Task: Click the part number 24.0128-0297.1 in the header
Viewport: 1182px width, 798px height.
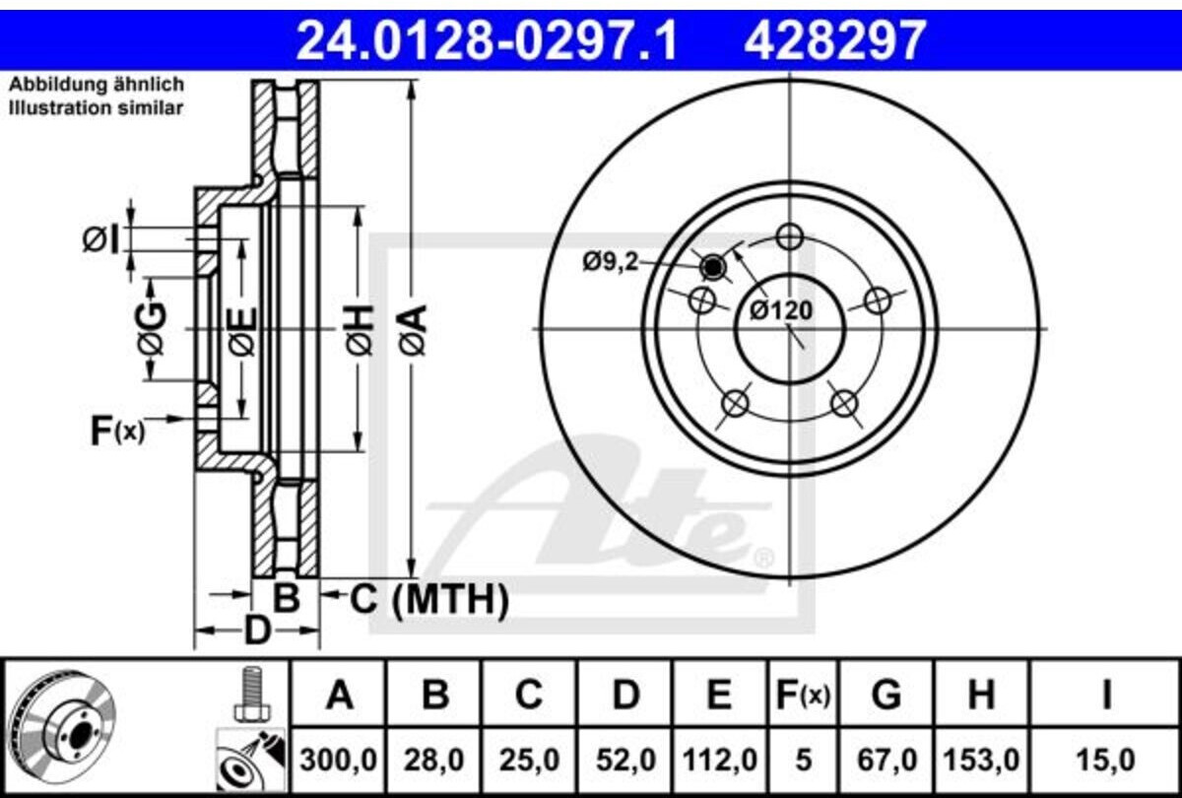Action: pyautogui.click(x=487, y=39)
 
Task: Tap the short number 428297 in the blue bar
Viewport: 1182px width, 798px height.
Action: pyautogui.click(x=835, y=39)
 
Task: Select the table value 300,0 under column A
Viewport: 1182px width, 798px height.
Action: pyautogui.click(x=338, y=761)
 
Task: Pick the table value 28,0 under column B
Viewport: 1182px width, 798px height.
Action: pyautogui.click(x=433, y=761)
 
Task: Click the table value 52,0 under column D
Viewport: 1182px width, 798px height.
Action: pyautogui.click(x=625, y=761)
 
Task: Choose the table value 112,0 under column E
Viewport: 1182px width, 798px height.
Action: pyautogui.click(x=720, y=761)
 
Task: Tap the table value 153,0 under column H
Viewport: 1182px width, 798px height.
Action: pyautogui.click(x=981, y=761)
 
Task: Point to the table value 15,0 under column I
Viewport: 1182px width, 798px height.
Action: pyautogui.click(x=1105, y=761)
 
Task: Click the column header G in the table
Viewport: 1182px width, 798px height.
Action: pyautogui.click(x=886, y=695)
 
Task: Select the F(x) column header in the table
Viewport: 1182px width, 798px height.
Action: pyautogui.click(x=803, y=696)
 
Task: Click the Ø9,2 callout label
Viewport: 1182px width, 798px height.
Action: pyautogui.click(x=610, y=261)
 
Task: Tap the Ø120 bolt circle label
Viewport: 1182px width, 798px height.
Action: pyautogui.click(x=781, y=310)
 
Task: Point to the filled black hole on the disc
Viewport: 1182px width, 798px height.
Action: pyautogui.click(x=712, y=268)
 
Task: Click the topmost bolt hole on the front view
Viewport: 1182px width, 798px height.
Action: pyautogui.click(x=790, y=236)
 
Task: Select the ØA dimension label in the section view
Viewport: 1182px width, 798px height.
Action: pyautogui.click(x=413, y=330)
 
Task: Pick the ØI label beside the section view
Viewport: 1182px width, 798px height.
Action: pyautogui.click(x=100, y=239)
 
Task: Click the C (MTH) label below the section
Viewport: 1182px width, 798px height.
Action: pyautogui.click(x=429, y=599)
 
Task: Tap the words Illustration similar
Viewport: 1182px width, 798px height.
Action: pyautogui.click(x=97, y=108)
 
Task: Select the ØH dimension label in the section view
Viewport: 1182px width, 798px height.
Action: pyautogui.click(x=360, y=330)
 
